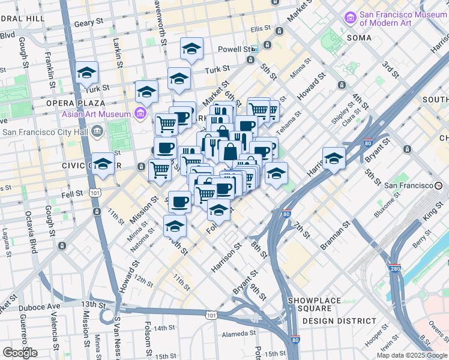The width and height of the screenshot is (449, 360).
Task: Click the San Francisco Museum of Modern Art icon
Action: coord(350,19)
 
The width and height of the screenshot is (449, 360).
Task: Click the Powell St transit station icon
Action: coord(255,49)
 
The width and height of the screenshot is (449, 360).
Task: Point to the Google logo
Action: coord(20,353)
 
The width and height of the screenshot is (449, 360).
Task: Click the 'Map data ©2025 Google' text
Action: coord(411,355)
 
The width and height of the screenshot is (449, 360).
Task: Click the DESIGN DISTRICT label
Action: coord(334,321)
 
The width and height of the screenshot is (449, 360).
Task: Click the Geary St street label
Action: coord(89,25)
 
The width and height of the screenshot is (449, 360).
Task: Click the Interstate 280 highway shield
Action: coord(394,268)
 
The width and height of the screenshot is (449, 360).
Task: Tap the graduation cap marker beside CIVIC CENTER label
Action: coord(103,164)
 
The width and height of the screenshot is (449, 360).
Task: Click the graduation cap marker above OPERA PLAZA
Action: coord(87,73)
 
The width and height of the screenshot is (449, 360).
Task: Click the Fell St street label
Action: coord(71,195)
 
